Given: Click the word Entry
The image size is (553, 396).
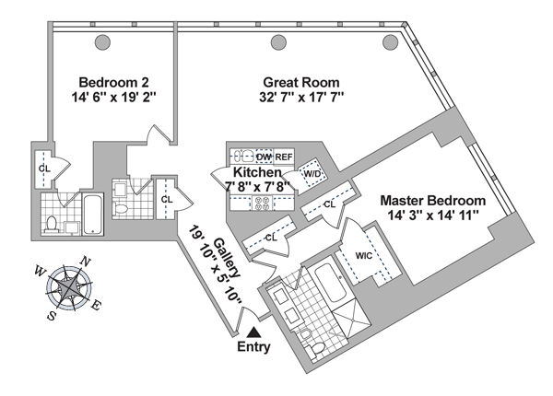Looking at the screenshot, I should tap(254, 347).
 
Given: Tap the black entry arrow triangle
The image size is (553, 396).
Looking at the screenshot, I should tap(254, 331).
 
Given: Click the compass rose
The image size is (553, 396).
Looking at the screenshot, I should tap(70, 287).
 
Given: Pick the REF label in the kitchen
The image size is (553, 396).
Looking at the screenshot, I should tap(284, 157).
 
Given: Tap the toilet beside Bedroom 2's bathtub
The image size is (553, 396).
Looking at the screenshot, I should tap(53, 222).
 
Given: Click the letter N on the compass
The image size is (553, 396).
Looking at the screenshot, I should tap(85, 261).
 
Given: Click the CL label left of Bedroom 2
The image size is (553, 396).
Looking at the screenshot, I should tap(44, 169).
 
